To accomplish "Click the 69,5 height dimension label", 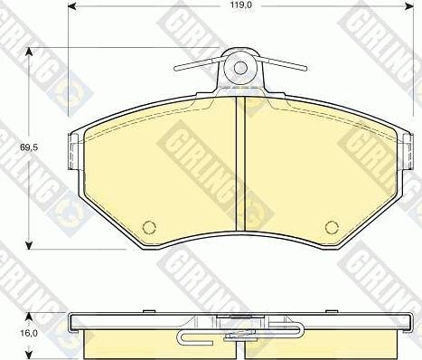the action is point(29,147).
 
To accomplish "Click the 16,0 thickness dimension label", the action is point(29,333).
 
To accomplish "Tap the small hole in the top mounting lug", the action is point(240,68).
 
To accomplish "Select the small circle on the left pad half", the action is point(149,227).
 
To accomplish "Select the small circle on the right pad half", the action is point(332,227).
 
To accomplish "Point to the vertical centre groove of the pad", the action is point(240,164).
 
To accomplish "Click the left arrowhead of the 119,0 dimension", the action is point(71,6).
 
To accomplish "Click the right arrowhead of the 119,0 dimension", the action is point(409,6).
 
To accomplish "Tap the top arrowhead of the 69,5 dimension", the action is point(29,52).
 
